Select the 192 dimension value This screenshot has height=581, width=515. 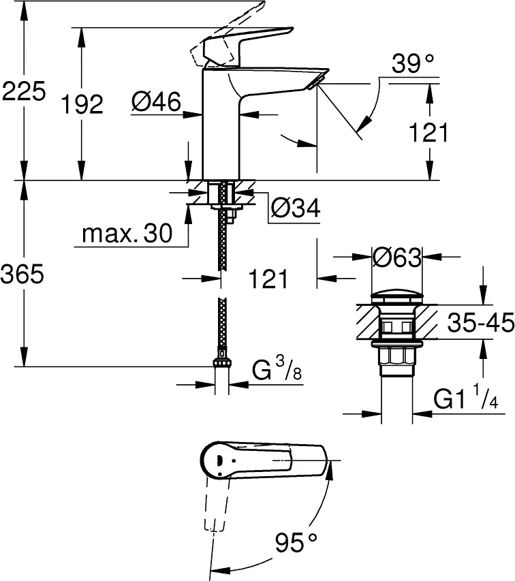(x=82, y=104)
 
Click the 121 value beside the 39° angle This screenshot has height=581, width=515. (x=428, y=132)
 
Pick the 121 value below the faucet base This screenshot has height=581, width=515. (x=268, y=279)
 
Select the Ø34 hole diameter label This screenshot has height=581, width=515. (x=295, y=208)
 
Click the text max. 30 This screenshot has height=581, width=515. (x=127, y=234)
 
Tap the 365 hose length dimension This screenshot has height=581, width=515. (x=22, y=274)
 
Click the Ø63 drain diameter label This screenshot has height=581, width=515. (x=397, y=257)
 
